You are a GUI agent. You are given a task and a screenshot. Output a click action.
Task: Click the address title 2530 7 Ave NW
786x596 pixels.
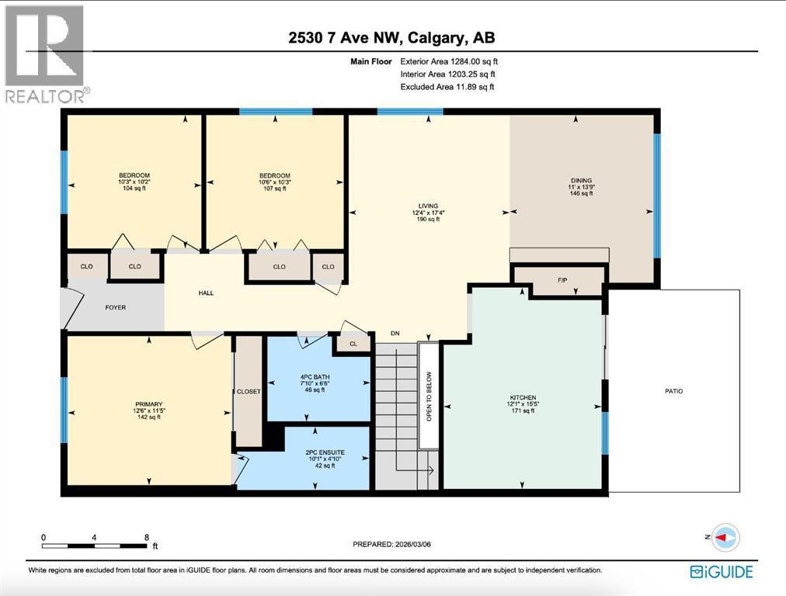click(x=392, y=37)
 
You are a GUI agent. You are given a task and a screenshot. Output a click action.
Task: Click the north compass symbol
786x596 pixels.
click(x=725, y=537)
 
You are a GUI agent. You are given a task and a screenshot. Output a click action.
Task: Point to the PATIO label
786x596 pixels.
click(x=673, y=391)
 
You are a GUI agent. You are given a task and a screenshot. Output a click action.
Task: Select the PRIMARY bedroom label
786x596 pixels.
click(x=149, y=404)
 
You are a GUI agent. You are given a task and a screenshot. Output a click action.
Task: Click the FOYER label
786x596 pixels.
click(x=115, y=307)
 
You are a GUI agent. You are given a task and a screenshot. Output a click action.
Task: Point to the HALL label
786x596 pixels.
click(x=205, y=293)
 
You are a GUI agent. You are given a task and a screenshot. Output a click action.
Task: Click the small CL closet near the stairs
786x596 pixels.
click(x=353, y=343)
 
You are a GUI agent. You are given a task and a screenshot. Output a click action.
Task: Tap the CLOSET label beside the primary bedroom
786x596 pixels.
click(x=249, y=392)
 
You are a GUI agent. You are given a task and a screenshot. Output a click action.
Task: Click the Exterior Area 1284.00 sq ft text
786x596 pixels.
click(x=447, y=61)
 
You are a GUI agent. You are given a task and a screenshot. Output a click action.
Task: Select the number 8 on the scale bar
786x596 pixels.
click(x=146, y=537)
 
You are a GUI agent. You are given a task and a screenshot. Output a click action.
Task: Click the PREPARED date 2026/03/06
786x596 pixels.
click(x=391, y=544)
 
